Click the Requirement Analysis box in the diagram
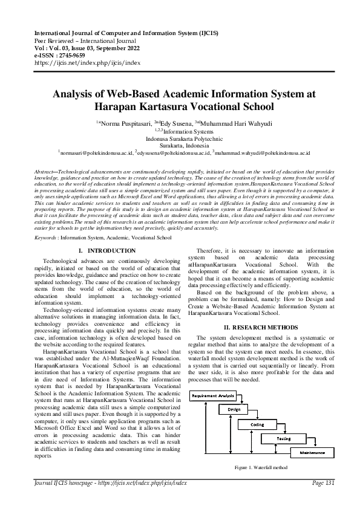point(214,396)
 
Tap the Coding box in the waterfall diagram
point(257,424)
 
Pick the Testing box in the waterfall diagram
point(283,438)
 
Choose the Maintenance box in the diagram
point(312,452)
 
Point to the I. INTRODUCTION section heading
point(107,250)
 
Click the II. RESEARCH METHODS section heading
point(260,327)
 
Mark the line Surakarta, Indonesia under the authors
point(180,146)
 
